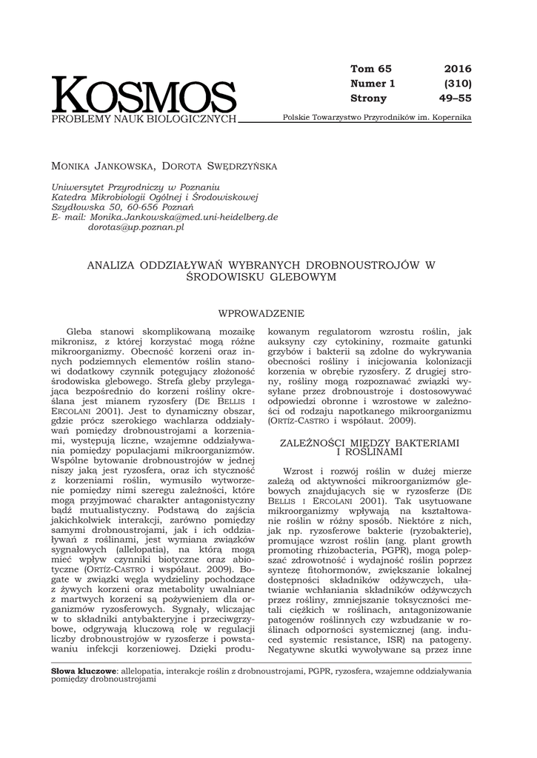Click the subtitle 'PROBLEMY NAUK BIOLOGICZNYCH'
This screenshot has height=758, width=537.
coord(144,119)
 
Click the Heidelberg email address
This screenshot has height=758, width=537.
coord(183,218)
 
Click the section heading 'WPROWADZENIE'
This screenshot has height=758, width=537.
coord(261,314)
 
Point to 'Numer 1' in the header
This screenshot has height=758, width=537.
coord(373,84)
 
